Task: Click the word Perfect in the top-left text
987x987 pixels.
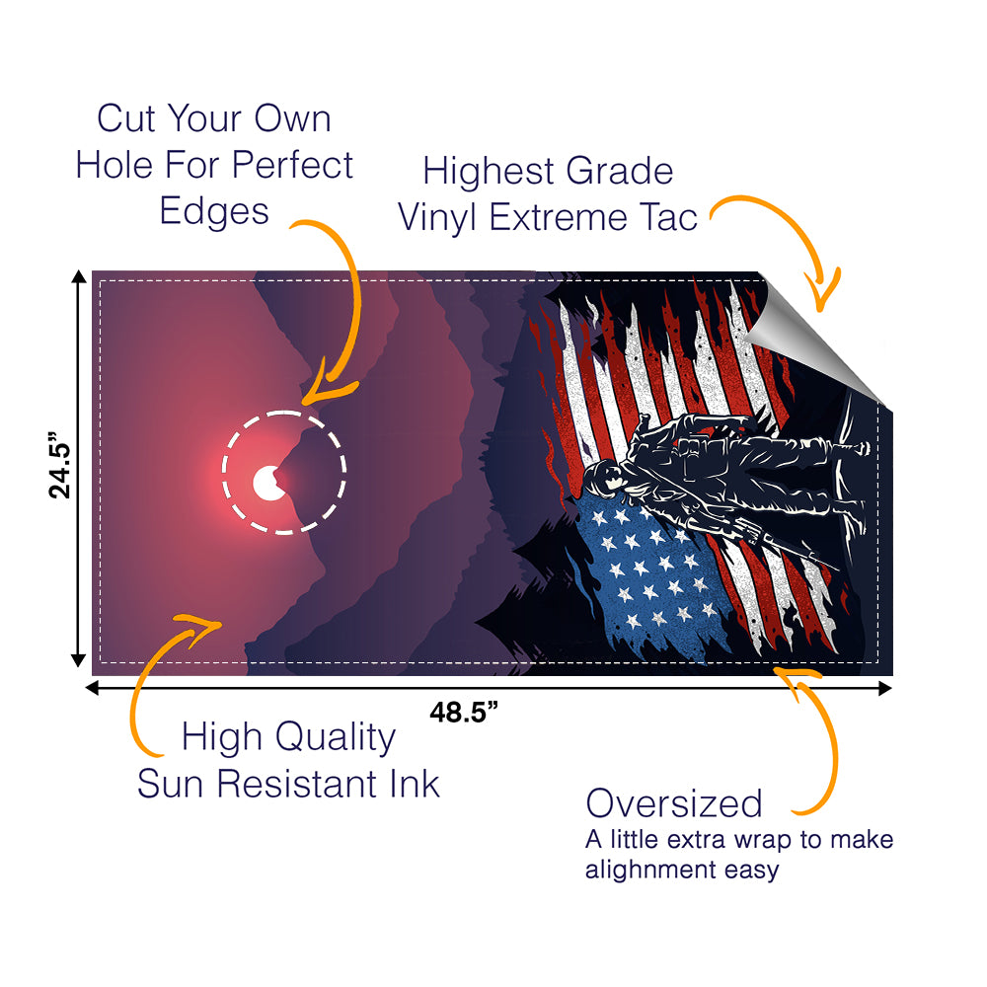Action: point(292,165)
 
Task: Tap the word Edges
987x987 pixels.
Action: point(214,212)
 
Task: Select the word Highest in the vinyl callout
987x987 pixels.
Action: point(489,171)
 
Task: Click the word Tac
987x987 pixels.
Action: point(668,217)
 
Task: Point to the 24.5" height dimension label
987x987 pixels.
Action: point(60,465)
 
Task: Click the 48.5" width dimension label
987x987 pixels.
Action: point(464,712)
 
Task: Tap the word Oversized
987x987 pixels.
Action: point(674,803)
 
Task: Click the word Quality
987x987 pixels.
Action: point(335,737)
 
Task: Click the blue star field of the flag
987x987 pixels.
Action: point(651,576)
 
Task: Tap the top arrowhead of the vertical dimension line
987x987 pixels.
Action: point(79,277)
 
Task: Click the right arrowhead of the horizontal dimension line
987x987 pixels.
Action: point(885,688)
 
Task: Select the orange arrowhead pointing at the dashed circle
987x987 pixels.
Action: point(328,385)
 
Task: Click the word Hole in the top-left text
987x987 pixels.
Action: point(114,165)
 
